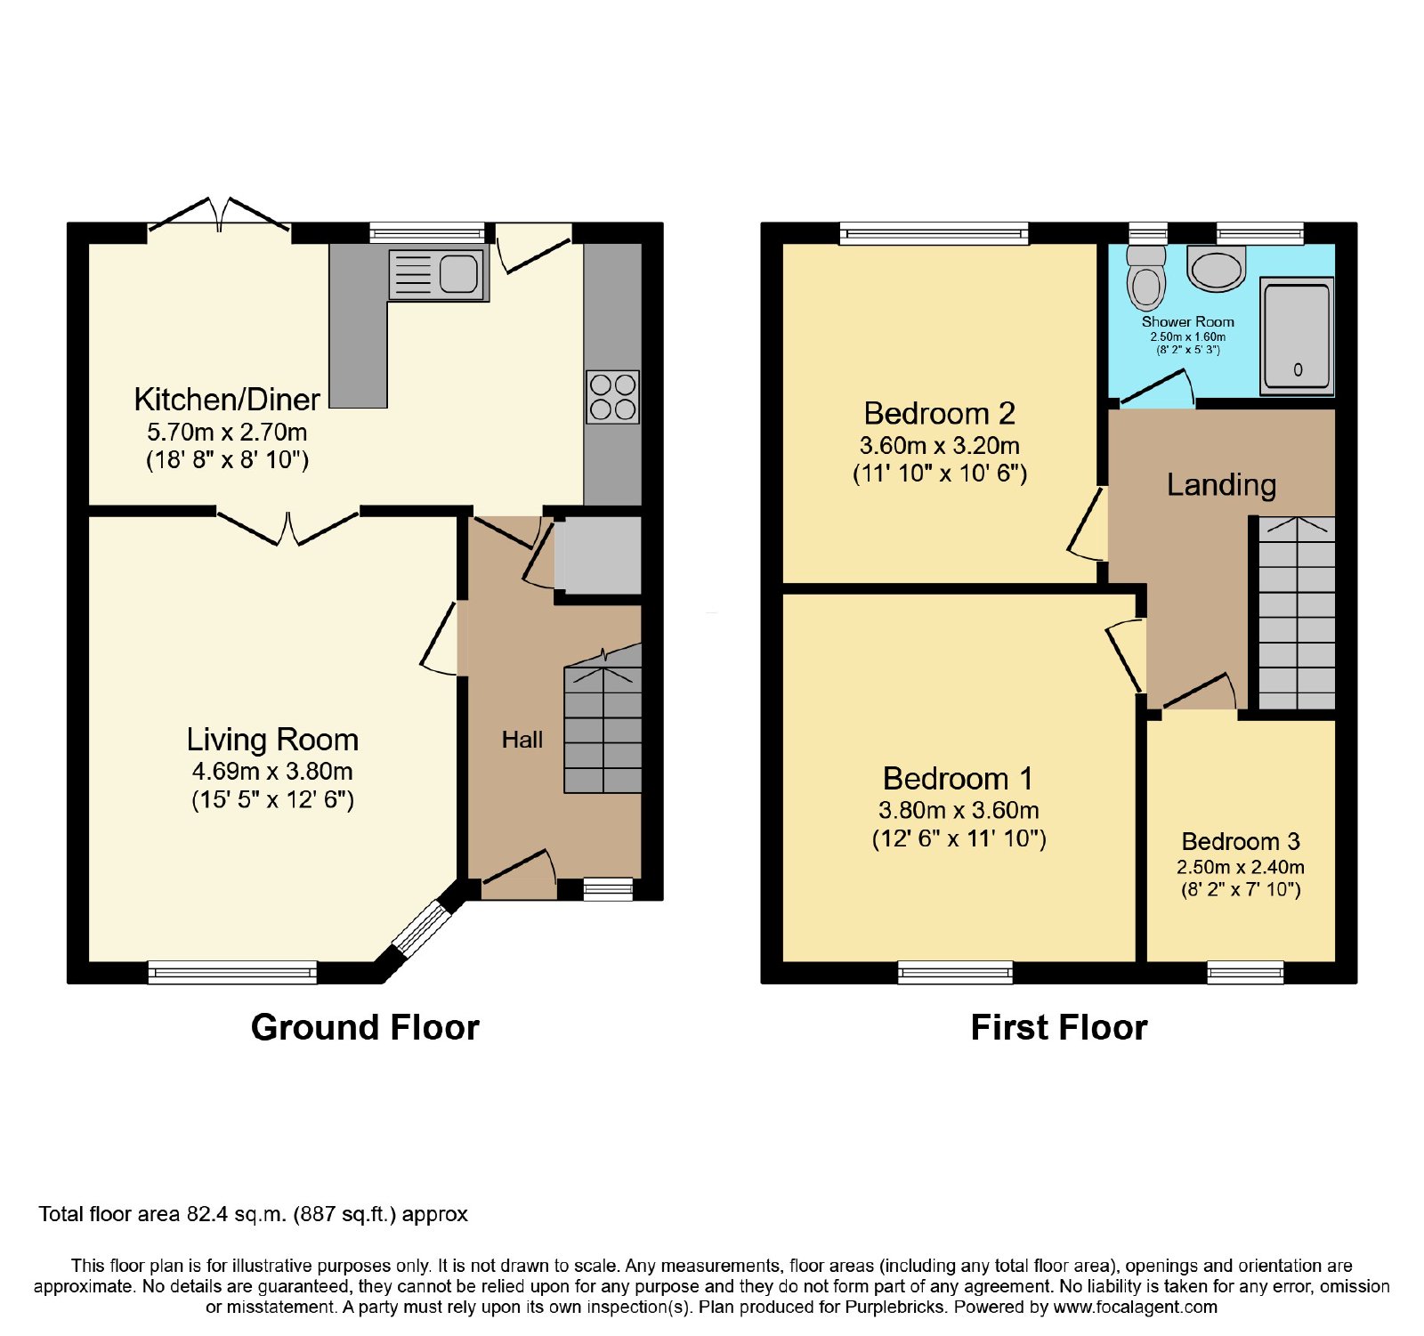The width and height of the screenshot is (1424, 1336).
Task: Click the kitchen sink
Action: click(x=439, y=273)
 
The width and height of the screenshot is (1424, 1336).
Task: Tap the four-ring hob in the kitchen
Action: click(x=612, y=397)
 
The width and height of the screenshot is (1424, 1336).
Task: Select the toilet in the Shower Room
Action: click(x=1146, y=277)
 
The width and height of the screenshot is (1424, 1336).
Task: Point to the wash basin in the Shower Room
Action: click(x=1217, y=269)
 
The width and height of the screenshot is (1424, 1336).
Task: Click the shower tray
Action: click(x=1297, y=336)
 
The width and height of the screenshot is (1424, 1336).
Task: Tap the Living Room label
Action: click(x=272, y=740)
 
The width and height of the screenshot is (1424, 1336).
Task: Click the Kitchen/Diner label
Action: click(x=227, y=400)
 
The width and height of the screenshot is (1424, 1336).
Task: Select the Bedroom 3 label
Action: click(x=1241, y=841)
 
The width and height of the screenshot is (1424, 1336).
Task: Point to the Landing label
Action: click(x=1221, y=484)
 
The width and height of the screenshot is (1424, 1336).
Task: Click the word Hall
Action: click(x=522, y=740)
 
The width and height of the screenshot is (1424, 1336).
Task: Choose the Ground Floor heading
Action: click(x=365, y=1027)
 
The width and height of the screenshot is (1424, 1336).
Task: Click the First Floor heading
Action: click(x=1059, y=1027)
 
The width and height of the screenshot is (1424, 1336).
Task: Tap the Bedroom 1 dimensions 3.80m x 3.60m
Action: click(x=959, y=810)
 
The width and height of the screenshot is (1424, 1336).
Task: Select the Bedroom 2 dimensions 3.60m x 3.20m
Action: click(x=940, y=445)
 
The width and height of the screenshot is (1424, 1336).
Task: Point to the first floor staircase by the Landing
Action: click(x=1297, y=613)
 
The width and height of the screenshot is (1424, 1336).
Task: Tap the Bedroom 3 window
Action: click(x=1245, y=973)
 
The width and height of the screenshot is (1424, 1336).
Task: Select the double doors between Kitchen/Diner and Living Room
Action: click(x=287, y=526)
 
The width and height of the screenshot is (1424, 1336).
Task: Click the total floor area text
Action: click(x=253, y=1214)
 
